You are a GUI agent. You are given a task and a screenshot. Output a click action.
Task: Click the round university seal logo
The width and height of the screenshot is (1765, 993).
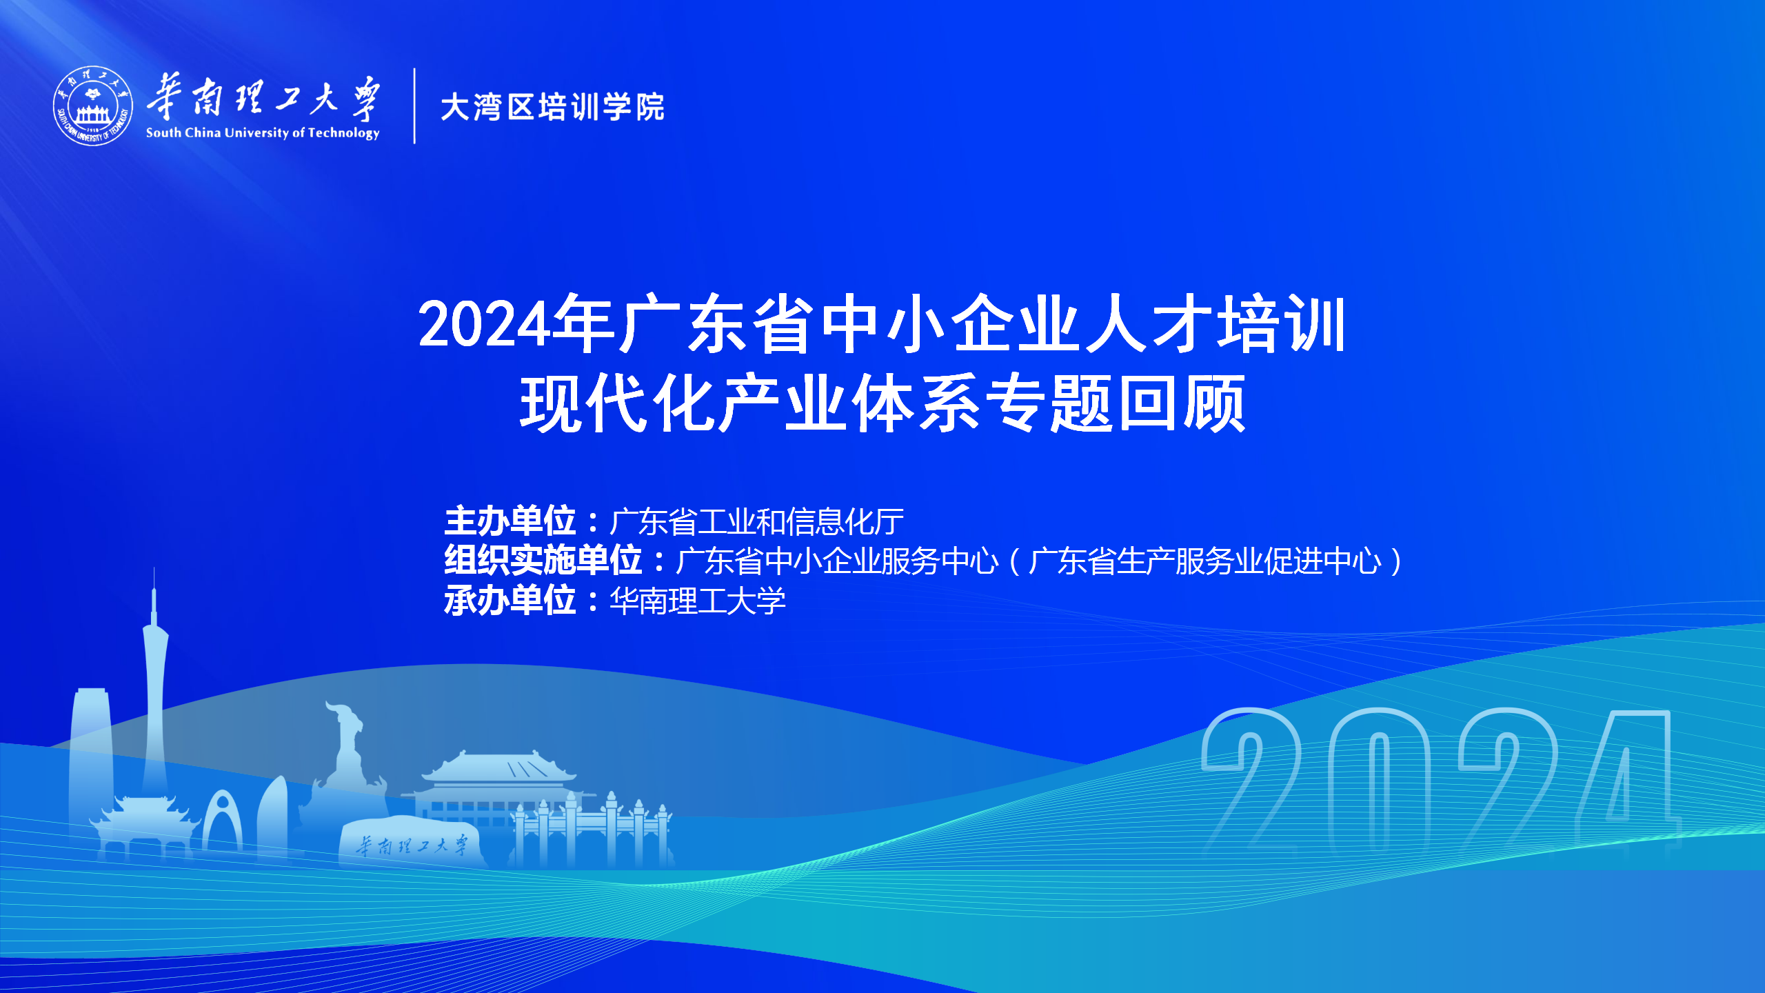click(x=93, y=106)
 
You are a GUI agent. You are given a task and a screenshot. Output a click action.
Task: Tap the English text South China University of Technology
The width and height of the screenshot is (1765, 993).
click(x=263, y=133)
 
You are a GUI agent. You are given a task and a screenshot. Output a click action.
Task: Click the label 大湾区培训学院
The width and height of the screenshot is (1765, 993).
click(x=552, y=108)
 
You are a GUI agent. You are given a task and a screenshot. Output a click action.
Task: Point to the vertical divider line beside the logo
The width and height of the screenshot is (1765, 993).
click(x=414, y=106)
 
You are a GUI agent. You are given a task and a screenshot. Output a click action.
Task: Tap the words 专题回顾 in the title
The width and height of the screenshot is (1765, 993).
click(x=1116, y=403)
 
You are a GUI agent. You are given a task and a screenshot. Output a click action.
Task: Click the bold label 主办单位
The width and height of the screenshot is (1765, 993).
click(x=510, y=521)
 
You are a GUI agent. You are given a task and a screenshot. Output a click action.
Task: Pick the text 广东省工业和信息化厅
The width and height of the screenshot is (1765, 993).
click(x=757, y=521)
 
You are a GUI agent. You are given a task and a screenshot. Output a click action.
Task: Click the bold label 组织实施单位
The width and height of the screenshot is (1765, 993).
click(x=543, y=560)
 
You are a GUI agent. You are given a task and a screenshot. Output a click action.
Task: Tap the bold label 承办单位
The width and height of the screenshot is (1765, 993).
click(x=510, y=600)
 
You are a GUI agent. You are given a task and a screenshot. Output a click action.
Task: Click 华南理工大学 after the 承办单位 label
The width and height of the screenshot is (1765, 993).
click(x=698, y=601)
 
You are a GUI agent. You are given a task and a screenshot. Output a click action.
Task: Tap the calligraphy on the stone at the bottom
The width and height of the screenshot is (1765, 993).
click(x=412, y=845)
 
